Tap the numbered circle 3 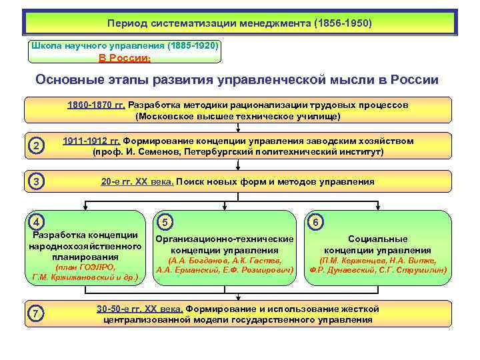coord(38,181)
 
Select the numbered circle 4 coord(38,222)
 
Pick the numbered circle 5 coord(165,222)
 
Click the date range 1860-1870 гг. coord(96,105)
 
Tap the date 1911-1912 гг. coord(91,141)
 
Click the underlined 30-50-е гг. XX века coord(139,309)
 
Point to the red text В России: coord(125,58)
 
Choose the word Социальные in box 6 coord(378,239)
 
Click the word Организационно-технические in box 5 coord(224,239)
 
